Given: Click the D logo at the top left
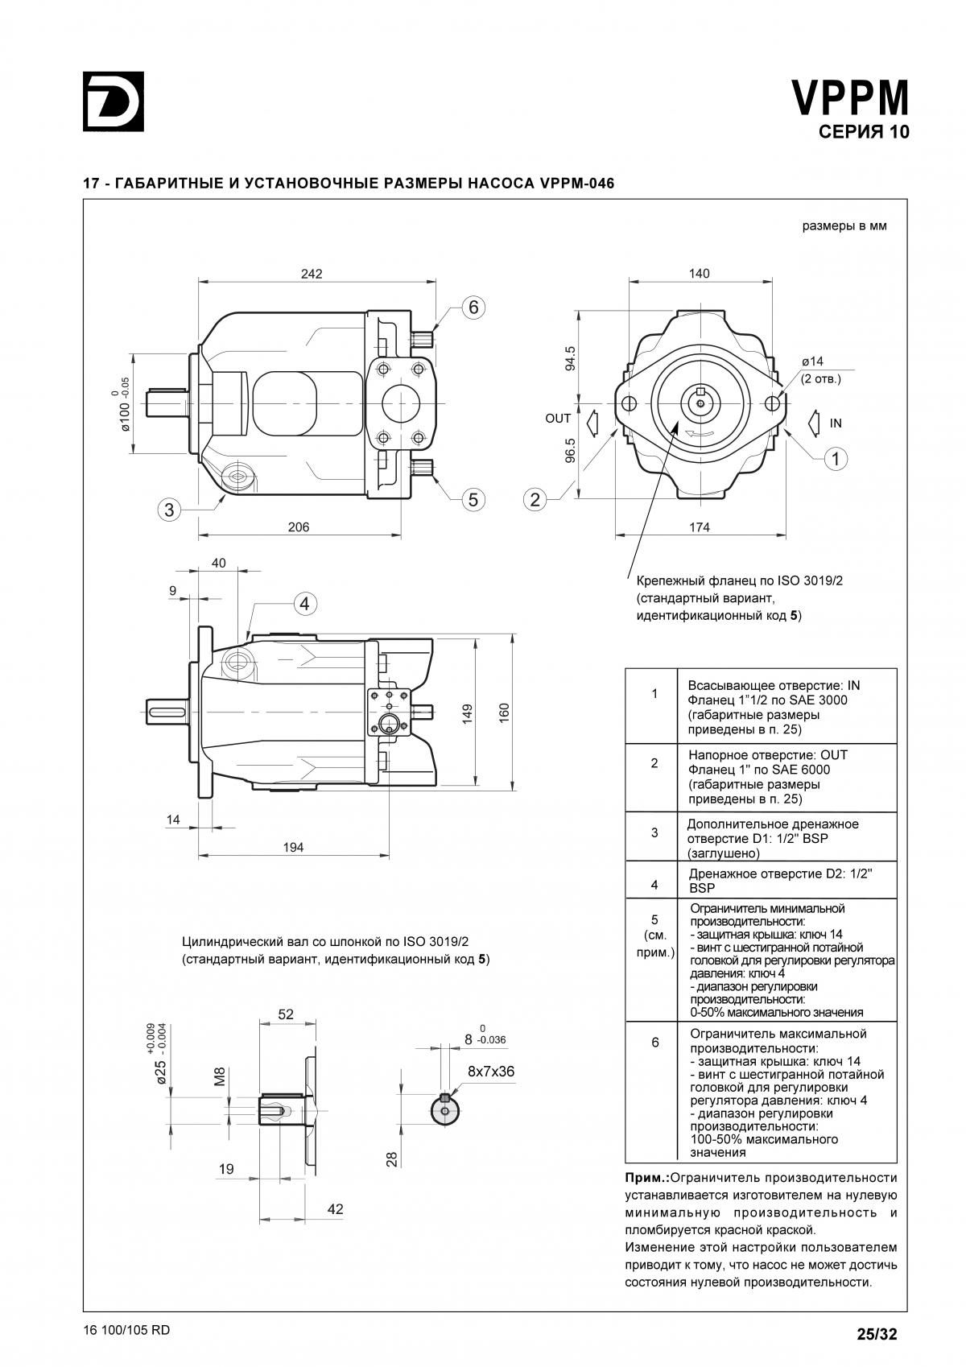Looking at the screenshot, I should pyautogui.click(x=114, y=101).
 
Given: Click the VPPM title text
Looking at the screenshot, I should pyautogui.click(x=850, y=99).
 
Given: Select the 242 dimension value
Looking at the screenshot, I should pyautogui.click(x=312, y=274).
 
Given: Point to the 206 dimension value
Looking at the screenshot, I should pyautogui.click(x=298, y=527).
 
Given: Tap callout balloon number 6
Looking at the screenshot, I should pyautogui.click(x=473, y=307).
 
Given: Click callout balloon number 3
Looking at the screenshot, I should pyautogui.click(x=169, y=509).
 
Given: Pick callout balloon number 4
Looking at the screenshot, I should pyautogui.click(x=305, y=603).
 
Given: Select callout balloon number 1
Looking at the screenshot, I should pyautogui.click(x=836, y=459).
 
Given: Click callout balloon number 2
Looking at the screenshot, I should pyautogui.click(x=535, y=499).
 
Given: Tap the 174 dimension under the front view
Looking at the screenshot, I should pyautogui.click(x=700, y=527).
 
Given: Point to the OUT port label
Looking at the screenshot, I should pyautogui.click(x=558, y=419).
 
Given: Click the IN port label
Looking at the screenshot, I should pyautogui.click(x=836, y=423).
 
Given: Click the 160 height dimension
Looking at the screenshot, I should pyautogui.click(x=504, y=712).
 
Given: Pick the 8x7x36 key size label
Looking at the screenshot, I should pyautogui.click(x=491, y=1072).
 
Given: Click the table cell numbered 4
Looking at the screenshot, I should pyautogui.click(x=654, y=885).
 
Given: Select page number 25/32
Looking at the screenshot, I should pyautogui.click(x=877, y=1333).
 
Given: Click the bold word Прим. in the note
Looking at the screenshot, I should pyautogui.click(x=646, y=1178).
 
